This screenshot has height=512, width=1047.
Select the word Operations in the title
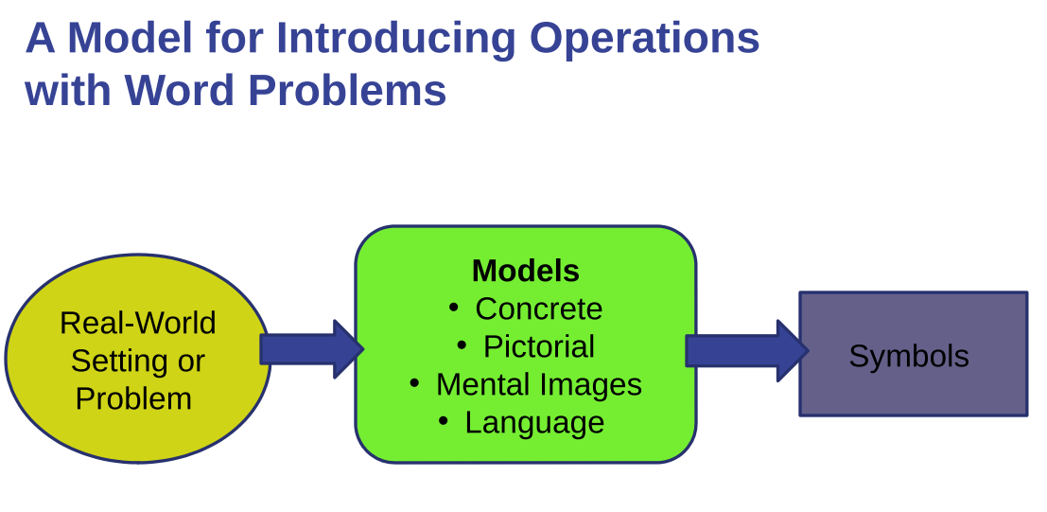tap(644, 38)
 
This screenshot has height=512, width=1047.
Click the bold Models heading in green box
tap(525, 272)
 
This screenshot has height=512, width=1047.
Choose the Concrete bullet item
tap(538, 309)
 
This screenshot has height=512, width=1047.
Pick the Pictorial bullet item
tap(538, 346)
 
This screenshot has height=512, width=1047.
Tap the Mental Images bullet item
tap(538, 384)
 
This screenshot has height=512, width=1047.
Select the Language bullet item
tap(534, 422)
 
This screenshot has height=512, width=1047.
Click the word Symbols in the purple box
tap(908, 356)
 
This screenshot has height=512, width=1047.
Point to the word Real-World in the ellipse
tap(138, 323)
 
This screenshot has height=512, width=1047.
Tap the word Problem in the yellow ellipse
tap(133, 398)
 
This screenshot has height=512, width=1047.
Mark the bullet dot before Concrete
tap(454, 308)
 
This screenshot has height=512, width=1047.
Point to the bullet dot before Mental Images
tap(414, 382)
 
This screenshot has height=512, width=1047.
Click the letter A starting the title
tap(40, 38)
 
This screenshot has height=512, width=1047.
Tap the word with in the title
tap(67, 91)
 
